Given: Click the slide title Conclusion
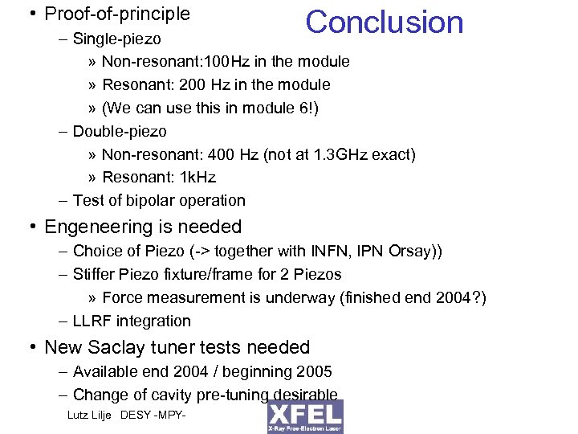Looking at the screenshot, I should click(x=385, y=23).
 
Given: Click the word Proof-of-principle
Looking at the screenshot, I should click(x=117, y=14).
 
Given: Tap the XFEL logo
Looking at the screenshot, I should click(x=305, y=416).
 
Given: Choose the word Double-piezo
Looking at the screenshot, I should click(x=120, y=131).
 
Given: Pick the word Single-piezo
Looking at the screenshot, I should click(x=116, y=39).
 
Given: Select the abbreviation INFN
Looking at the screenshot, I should click(x=325, y=252).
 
